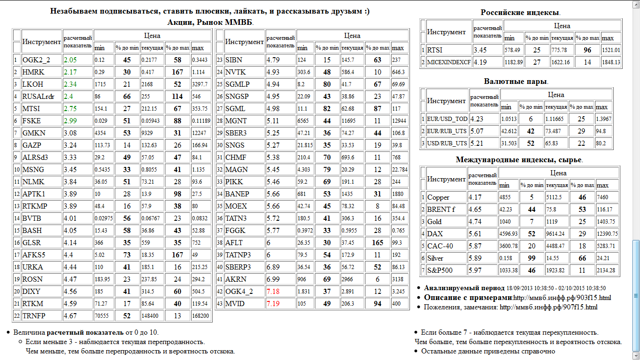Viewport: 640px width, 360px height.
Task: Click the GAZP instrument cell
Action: [x=31, y=145]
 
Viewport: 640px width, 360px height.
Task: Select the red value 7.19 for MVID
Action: [x=274, y=304]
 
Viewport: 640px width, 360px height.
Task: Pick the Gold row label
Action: [x=434, y=222]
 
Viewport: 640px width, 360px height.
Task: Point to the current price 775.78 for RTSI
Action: [x=561, y=50]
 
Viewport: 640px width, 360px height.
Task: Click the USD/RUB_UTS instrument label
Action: [x=447, y=143]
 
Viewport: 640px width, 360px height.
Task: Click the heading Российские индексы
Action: [x=521, y=13]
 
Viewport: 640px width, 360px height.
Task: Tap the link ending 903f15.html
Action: [x=562, y=298]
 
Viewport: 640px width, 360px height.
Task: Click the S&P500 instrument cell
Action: [x=440, y=270]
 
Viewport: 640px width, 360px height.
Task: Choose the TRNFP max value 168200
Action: [x=200, y=316]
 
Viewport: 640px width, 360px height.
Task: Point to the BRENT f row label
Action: [x=441, y=210]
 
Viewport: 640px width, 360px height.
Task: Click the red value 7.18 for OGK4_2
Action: [x=274, y=292]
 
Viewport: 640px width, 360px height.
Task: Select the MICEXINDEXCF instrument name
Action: [x=449, y=62]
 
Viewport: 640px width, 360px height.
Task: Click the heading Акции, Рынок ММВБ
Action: [x=210, y=22]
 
